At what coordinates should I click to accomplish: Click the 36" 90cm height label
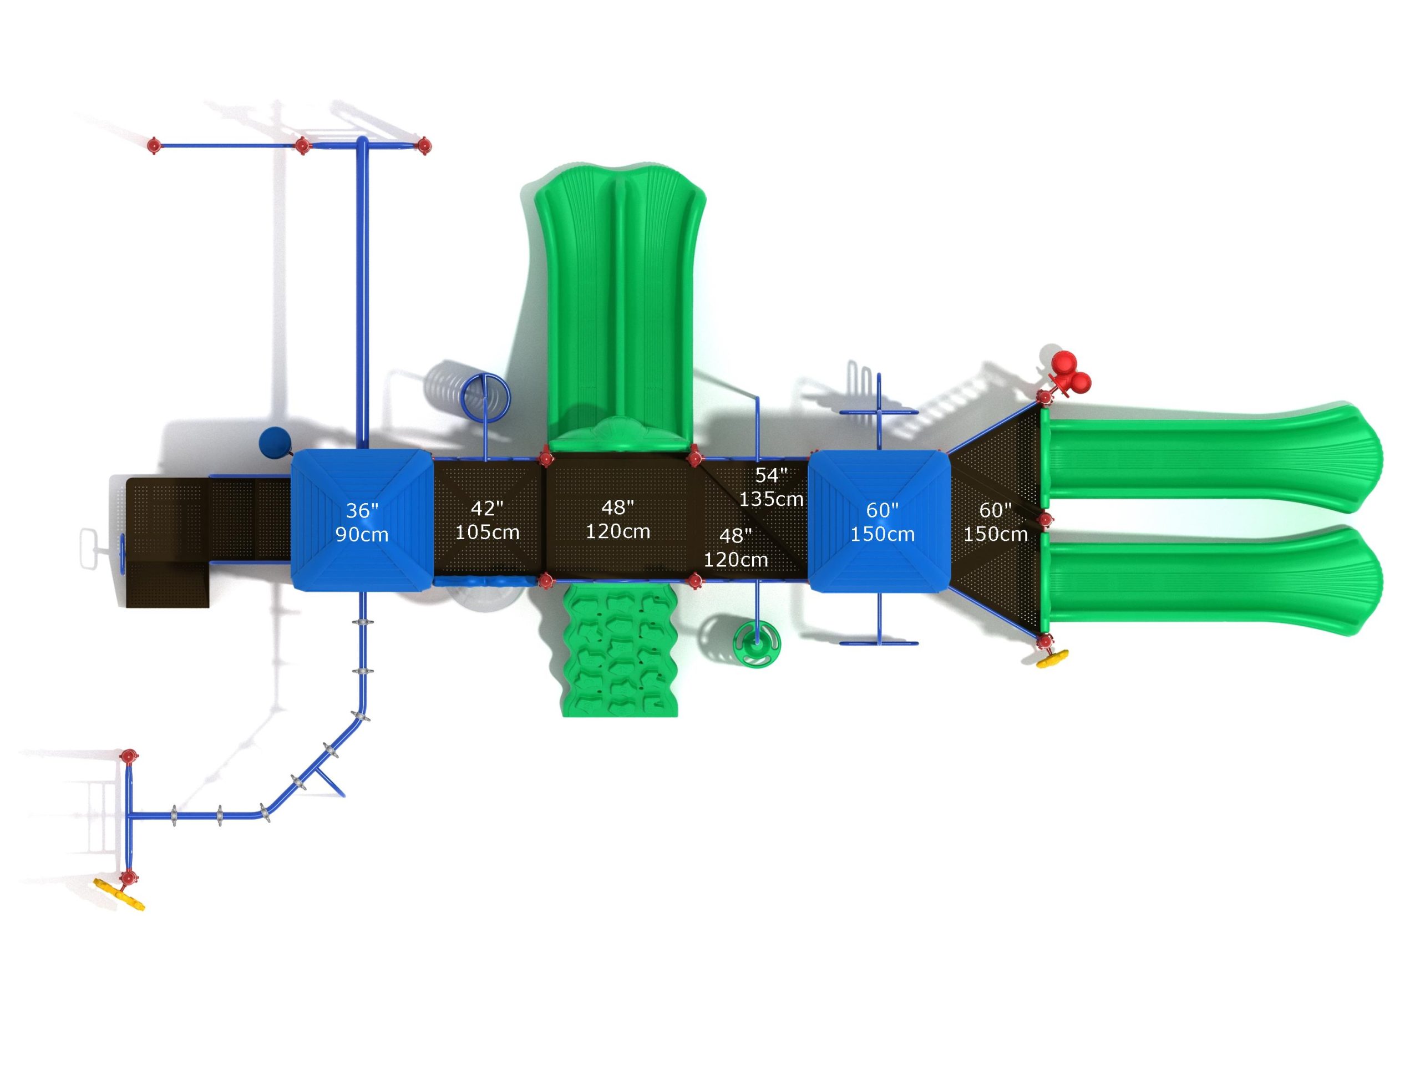pos(362,523)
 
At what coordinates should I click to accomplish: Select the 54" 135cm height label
pos(771,487)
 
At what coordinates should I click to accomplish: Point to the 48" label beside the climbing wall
pos(736,547)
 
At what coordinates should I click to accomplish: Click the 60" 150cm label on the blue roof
pos(882,522)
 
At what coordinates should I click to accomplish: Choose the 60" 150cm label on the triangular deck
pos(995,522)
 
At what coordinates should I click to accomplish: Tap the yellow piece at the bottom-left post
pos(119,894)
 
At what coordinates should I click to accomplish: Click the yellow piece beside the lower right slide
pos(1053,657)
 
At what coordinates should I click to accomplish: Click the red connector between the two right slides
pos(1045,519)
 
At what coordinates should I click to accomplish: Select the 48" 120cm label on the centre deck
pos(617,519)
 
